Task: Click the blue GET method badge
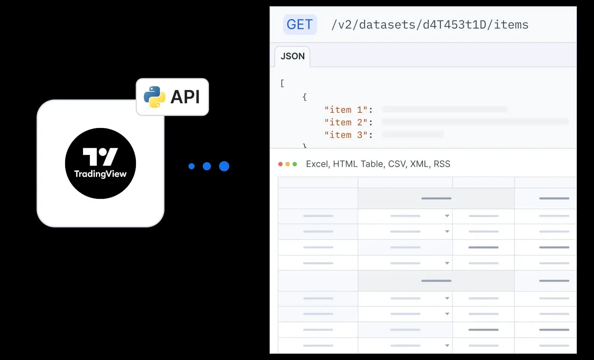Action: click(300, 25)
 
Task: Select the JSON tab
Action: click(292, 56)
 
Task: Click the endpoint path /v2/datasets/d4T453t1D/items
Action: click(430, 25)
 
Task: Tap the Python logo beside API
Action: click(154, 97)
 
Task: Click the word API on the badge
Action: click(185, 97)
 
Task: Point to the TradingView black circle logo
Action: click(101, 163)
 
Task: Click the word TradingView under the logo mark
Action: click(101, 174)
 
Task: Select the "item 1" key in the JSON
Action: click(346, 110)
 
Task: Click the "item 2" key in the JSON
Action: click(346, 122)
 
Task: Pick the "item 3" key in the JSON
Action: click(346, 135)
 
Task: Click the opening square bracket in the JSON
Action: click(282, 83)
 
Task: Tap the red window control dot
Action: click(281, 164)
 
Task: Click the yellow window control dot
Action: click(287, 164)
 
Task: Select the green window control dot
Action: click(295, 164)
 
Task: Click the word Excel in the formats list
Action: click(317, 164)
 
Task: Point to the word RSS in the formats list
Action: click(442, 164)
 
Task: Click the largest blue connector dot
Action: click(224, 166)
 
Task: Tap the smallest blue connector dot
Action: click(192, 166)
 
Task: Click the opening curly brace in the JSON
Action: click(305, 97)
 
